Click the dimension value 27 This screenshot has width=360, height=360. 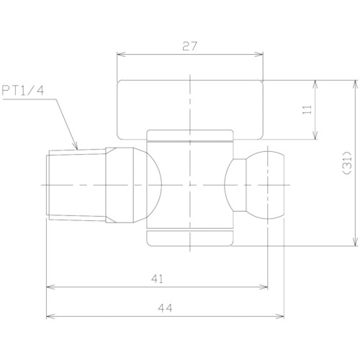[189, 46]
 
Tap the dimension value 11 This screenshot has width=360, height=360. [307, 109]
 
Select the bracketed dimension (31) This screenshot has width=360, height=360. [347, 163]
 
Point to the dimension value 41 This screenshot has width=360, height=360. [157, 279]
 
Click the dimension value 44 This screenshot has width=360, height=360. [165, 308]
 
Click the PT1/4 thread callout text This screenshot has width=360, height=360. [23, 91]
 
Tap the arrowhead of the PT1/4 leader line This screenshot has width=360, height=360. [76, 147]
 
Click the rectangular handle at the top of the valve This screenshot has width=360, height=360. [190, 109]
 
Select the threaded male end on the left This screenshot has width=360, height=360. [76, 185]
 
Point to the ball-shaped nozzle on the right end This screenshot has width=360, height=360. [265, 185]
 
